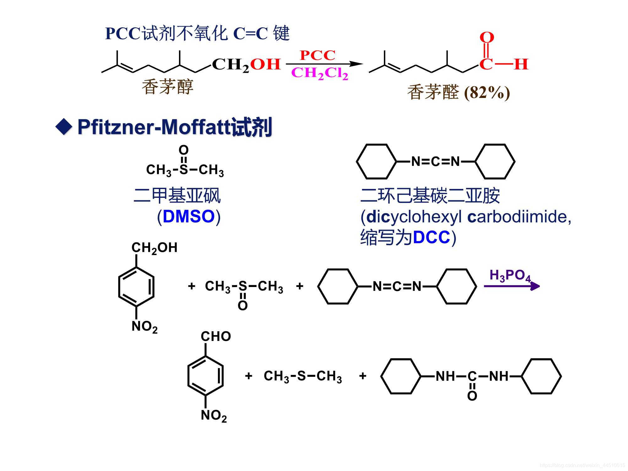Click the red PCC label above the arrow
coord(317,55)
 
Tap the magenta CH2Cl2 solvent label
coord(320,73)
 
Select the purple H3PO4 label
coord(510,275)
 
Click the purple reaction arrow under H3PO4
coord(512,286)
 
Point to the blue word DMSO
coord(189,217)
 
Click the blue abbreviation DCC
coord(431,237)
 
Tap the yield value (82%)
coord(487,93)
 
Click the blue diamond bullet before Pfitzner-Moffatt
coord(64,127)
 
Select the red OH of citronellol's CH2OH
coord(265,64)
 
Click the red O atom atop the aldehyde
coord(487,38)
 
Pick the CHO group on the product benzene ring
coord(216,336)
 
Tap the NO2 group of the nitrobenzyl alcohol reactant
coord(144,327)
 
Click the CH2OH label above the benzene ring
coord(154,248)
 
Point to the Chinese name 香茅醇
coord(167,87)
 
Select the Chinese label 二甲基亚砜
coord(177,195)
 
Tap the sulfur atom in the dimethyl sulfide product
coord(301,376)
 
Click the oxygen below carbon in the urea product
coord(472,396)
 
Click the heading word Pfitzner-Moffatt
coord(154,127)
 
